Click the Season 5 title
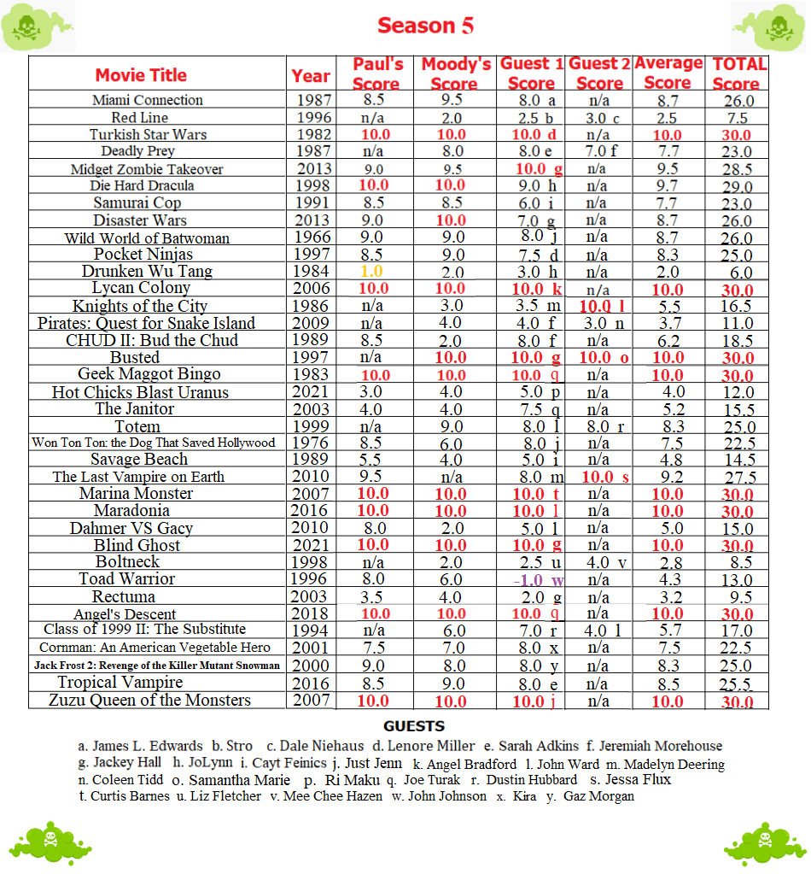(x=425, y=26)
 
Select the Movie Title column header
(x=141, y=75)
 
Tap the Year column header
(x=310, y=75)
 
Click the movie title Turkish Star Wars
(x=148, y=134)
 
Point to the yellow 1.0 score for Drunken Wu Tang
(x=374, y=272)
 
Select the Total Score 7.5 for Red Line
(x=738, y=118)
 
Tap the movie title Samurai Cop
(x=137, y=202)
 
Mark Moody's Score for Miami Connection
(x=453, y=100)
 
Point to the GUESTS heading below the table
(x=414, y=726)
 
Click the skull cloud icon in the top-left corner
(x=28, y=26)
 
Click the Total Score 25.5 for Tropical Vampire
(x=738, y=683)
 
